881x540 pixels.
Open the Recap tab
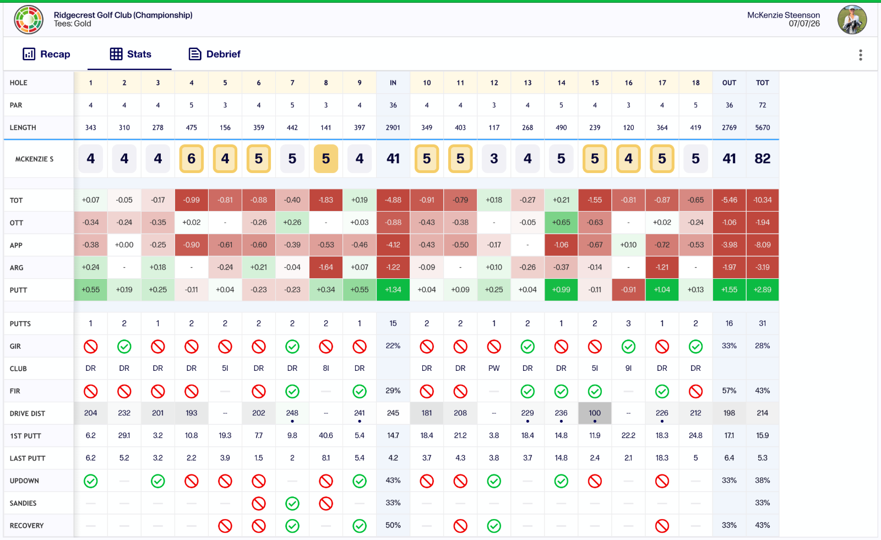pos(46,54)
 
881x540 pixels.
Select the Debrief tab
pos(215,54)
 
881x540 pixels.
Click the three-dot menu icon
pos(861,55)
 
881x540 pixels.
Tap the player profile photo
pos(852,20)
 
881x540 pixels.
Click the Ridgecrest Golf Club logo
pos(29,20)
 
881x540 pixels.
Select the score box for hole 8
pos(325,159)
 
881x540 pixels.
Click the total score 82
pos(762,159)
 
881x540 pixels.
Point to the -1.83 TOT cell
pos(325,200)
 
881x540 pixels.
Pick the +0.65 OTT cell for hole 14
pos(561,223)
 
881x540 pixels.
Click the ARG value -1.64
pos(325,267)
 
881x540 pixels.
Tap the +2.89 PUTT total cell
pos(762,290)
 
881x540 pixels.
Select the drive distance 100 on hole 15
pos(595,413)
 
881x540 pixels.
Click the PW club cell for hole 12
pos(494,369)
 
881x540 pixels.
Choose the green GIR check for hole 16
pos(628,347)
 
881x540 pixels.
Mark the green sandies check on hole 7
pos(292,503)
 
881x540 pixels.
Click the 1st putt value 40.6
pos(325,435)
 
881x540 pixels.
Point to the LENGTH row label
pos(23,127)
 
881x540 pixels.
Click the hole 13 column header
pos(527,83)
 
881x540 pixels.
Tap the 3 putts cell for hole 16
pos(628,323)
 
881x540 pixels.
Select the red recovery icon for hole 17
pos(662,526)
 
